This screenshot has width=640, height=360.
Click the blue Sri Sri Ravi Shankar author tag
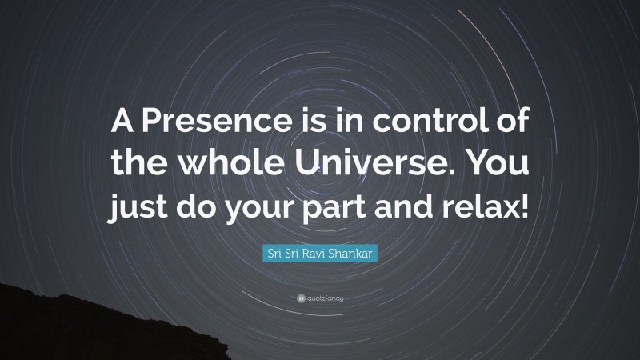pyautogui.click(x=319, y=254)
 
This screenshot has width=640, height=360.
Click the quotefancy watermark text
pyautogui.click(x=325, y=298)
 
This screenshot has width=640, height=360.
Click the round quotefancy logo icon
pyautogui.click(x=300, y=298)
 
